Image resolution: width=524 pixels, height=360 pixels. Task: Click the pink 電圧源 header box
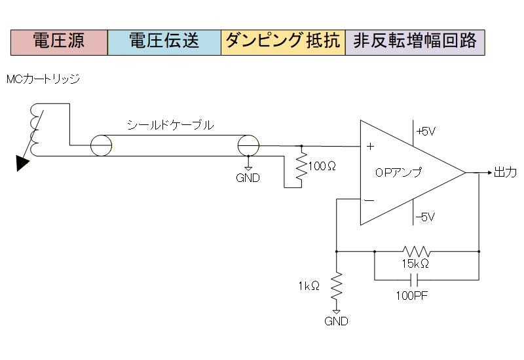pyautogui.click(x=59, y=42)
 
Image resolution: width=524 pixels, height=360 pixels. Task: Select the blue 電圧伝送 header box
pyautogui.click(x=164, y=42)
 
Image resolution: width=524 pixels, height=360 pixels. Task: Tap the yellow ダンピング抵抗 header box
pyautogui.click(x=283, y=42)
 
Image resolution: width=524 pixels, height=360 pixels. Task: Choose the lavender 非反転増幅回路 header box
pyautogui.click(x=415, y=42)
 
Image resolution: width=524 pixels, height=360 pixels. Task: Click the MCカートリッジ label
pyautogui.click(x=43, y=79)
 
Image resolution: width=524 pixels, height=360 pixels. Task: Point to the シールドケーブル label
pyautogui.click(x=170, y=126)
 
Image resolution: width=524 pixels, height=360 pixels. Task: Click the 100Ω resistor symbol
pyautogui.click(x=301, y=167)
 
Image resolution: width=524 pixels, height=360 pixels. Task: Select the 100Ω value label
pyautogui.click(x=322, y=166)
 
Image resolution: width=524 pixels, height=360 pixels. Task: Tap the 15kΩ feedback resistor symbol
pyautogui.click(x=417, y=251)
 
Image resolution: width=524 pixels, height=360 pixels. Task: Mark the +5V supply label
pyautogui.click(x=426, y=131)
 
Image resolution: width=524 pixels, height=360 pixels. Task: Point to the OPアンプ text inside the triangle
pyautogui.click(x=398, y=173)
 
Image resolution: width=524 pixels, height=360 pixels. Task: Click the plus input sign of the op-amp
pyautogui.click(x=370, y=147)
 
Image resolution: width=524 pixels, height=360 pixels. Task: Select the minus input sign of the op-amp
pyautogui.click(x=369, y=200)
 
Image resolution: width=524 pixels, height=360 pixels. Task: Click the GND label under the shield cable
pyautogui.click(x=248, y=178)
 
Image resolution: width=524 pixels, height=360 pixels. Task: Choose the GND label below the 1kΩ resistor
pyautogui.click(x=336, y=321)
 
